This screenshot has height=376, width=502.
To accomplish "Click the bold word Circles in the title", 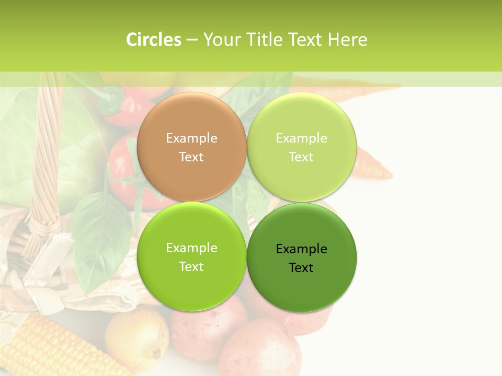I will click(153, 40).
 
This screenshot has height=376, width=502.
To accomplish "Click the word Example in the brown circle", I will click(191, 138).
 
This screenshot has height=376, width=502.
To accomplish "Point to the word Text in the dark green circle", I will click(301, 268).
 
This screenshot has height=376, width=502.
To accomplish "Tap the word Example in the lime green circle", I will click(191, 248).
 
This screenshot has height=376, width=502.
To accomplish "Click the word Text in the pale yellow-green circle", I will click(301, 157).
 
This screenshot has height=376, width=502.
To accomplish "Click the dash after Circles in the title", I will click(192, 40).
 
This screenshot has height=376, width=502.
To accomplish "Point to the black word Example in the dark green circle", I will click(301, 249).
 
